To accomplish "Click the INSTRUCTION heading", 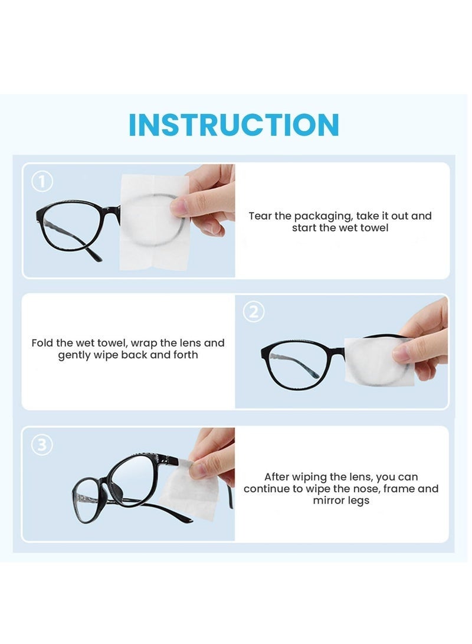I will click(234, 125).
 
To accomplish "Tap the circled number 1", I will click(41, 182).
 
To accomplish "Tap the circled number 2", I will click(254, 311).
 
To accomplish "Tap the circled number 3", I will click(42, 444).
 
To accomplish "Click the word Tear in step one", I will click(260, 216).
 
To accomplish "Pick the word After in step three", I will click(277, 476).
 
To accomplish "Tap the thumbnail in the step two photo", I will click(402, 353).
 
